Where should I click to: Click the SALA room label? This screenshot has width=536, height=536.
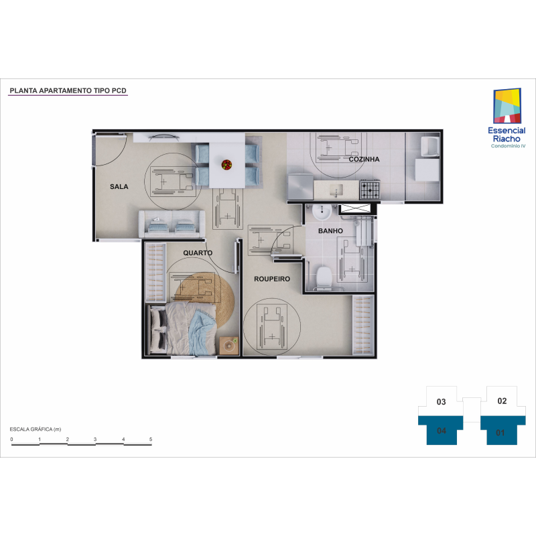click(119, 187)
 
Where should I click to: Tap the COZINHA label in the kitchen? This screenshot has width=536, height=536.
click(364, 159)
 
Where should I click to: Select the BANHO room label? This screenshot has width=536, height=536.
click(330, 231)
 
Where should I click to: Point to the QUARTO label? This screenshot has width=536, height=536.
click(198, 253)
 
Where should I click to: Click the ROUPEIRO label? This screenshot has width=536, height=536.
click(272, 279)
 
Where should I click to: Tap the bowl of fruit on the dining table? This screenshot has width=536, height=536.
click(226, 165)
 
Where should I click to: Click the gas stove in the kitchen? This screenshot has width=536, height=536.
click(370, 190)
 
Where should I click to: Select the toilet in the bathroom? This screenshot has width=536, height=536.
click(324, 277)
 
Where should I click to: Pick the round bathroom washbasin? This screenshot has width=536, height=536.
click(322, 212)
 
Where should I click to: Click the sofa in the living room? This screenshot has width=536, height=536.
click(172, 224)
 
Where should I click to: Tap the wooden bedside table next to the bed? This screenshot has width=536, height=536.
click(229, 346)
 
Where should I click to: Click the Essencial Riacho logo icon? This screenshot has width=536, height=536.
click(507, 106)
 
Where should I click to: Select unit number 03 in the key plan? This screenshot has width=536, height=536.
click(442, 402)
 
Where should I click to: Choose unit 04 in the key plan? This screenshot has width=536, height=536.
click(442, 431)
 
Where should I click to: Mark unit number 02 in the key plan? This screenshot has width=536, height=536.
click(502, 401)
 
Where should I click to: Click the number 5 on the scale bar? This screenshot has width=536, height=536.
click(150, 440)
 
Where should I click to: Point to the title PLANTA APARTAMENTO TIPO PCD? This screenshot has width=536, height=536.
click(68, 90)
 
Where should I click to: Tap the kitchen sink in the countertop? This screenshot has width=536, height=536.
click(336, 190)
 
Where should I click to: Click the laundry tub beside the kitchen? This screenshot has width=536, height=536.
click(430, 146)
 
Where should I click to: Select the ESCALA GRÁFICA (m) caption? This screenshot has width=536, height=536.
click(36, 429)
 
